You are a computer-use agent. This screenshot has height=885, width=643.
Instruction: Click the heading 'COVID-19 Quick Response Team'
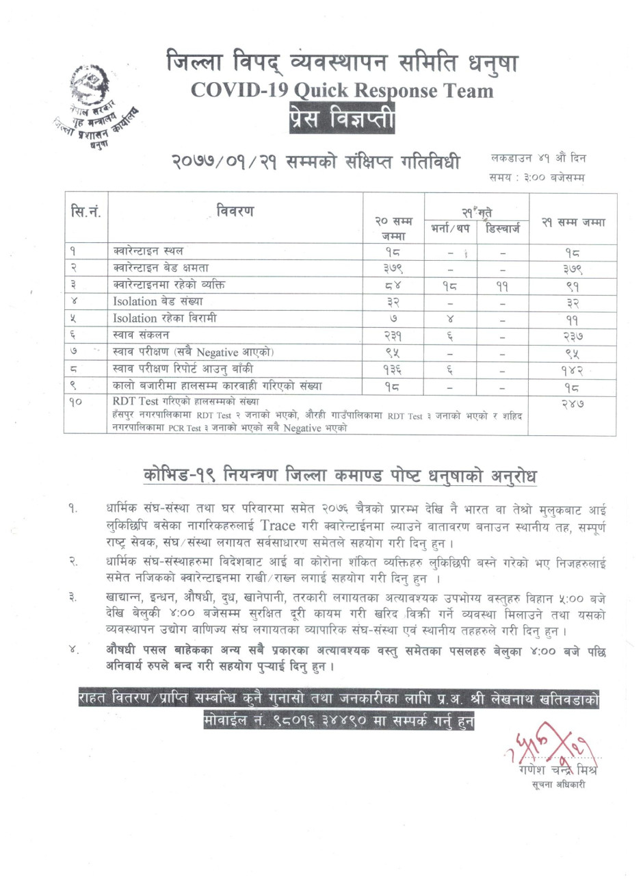341,91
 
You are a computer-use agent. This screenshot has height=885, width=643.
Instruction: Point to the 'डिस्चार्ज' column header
503,228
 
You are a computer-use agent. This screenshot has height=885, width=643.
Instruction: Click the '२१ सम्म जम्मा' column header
573,222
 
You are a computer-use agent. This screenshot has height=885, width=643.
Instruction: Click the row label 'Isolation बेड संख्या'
158,301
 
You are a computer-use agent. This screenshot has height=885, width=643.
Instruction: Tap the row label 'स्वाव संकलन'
141,335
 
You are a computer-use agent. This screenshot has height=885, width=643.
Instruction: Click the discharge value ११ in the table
503,285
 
